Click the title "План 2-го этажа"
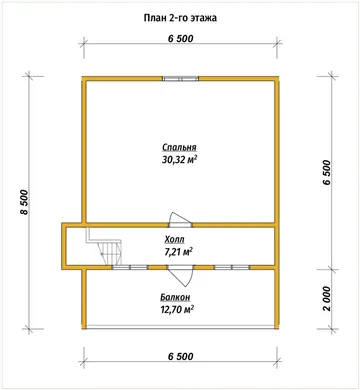[x=180, y=18]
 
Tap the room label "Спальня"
[x=179, y=147]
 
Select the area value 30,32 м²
[x=179, y=160]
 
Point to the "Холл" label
[x=174, y=239]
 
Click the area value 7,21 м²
[x=177, y=252]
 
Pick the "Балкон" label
[x=175, y=297]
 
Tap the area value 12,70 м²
[x=177, y=310]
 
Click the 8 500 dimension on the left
[x=24, y=203]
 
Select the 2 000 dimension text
[x=327, y=299]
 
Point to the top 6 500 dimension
[x=180, y=39]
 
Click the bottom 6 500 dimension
[x=180, y=356]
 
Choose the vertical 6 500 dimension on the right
[x=327, y=173]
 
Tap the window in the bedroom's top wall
[x=181, y=79]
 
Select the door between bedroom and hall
[x=180, y=220]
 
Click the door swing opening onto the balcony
[x=180, y=276]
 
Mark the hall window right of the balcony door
[x=232, y=267]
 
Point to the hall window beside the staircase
[x=130, y=267]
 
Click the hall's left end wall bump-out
[x=64, y=246]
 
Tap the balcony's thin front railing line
[x=180, y=329]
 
